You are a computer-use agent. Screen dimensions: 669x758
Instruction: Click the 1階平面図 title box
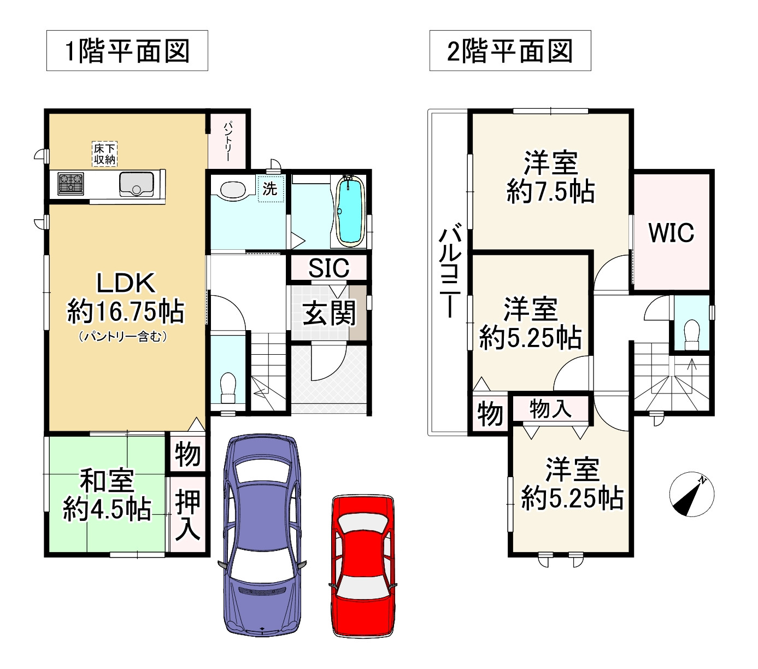coord(127,51)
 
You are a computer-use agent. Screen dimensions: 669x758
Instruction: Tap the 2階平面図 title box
coord(510,51)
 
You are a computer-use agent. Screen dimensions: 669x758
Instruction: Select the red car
coord(363,566)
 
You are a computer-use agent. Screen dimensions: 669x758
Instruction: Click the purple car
coord(262,536)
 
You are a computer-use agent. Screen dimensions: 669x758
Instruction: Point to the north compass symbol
coord(691,494)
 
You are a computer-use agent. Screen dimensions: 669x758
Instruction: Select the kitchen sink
coord(137,184)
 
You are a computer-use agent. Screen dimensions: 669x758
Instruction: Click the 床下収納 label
coord(105,154)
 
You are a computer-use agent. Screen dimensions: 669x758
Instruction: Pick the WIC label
coord(672,233)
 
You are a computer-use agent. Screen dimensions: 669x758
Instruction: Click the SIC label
coord(328,268)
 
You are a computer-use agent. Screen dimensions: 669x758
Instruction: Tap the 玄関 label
coord(329,313)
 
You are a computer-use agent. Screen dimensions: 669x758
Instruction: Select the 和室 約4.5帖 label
coord(107,495)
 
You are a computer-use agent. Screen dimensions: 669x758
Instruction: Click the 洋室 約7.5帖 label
coord(551,177)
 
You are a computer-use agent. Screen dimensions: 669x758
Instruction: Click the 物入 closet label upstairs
coord(550,408)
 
